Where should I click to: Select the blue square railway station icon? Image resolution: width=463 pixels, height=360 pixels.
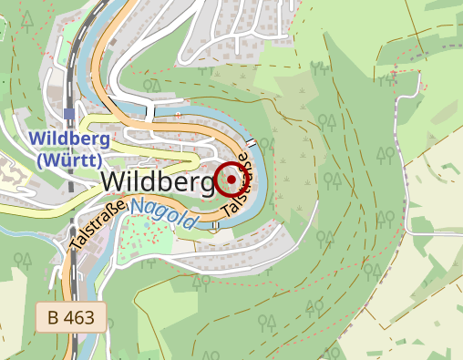(69, 114)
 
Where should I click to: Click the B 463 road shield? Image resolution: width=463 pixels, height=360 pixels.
(70, 317)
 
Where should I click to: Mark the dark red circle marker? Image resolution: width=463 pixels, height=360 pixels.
(231, 179)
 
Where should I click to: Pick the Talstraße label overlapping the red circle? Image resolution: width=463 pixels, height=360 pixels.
(236, 188)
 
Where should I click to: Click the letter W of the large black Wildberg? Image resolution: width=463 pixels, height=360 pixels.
(114, 181)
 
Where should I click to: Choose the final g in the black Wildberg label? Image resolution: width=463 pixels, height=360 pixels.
(205, 184)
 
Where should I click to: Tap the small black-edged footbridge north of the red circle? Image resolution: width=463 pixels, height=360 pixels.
(249, 144)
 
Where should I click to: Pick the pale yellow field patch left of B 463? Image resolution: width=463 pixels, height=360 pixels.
(14, 310)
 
